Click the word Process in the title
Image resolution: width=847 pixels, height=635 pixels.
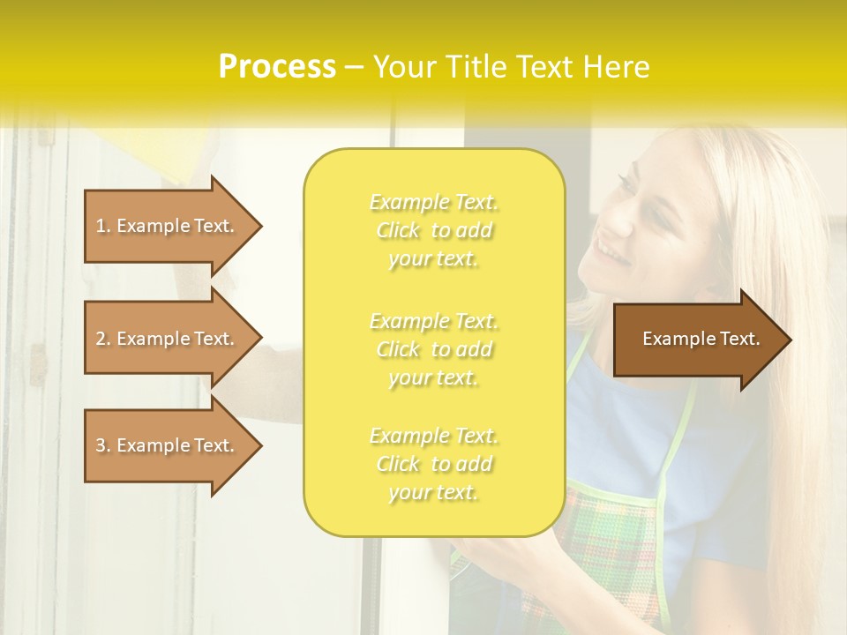point(277,67)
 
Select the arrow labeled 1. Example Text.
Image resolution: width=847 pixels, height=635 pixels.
point(168,226)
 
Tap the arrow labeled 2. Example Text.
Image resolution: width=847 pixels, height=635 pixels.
point(168,339)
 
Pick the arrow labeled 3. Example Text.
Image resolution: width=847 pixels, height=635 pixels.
point(168,445)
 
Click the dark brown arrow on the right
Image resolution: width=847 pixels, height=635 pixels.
point(697,339)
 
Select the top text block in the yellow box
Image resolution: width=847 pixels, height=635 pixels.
point(433,230)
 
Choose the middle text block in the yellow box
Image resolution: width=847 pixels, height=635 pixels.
point(433,349)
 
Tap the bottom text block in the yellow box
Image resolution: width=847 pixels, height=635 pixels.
point(433,464)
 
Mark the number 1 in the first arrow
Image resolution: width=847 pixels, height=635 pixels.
point(101,226)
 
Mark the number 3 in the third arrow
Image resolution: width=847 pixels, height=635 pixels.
point(101,445)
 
